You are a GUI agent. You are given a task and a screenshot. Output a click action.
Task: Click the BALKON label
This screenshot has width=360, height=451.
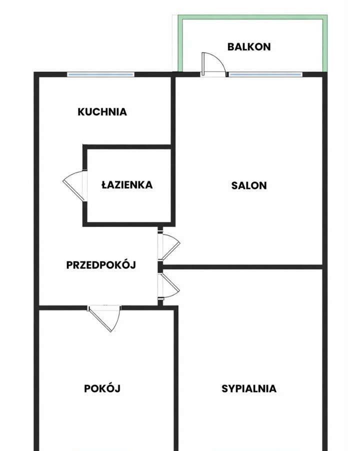(x=249, y=46)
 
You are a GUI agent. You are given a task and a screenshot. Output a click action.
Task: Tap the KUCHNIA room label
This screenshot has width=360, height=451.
(x=102, y=111)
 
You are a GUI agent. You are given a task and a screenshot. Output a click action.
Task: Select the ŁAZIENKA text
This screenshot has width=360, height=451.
(x=127, y=184)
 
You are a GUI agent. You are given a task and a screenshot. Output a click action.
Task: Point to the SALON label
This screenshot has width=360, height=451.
(x=249, y=185)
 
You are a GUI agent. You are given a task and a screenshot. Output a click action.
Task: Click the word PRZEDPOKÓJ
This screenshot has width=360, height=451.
(x=101, y=264)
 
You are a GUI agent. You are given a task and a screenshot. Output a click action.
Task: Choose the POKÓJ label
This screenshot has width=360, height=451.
(x=102, y=388)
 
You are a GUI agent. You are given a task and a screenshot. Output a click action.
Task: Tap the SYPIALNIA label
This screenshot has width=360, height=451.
(x=249, y=388)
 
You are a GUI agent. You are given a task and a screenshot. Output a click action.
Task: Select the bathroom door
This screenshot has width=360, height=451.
(x=74, y=185)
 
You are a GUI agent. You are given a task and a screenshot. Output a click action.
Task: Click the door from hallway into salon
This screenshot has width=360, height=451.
(x=169, y=246)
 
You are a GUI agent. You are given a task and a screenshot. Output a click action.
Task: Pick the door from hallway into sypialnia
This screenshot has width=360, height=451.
(x=169, y=286)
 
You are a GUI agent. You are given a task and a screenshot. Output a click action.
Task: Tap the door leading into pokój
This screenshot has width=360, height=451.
(x=104, y=318)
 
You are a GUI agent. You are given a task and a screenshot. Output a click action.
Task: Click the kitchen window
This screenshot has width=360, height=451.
(x=100, y=74)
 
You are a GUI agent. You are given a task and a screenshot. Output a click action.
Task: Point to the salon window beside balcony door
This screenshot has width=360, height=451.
(x=265, y=74)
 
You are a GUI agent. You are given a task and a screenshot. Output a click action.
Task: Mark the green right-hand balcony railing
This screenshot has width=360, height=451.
(x=325, y=43)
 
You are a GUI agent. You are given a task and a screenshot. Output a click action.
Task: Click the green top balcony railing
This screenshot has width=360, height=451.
(x=252, y=17)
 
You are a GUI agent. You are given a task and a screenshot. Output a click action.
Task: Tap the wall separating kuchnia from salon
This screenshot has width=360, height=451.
(x=173, y=110)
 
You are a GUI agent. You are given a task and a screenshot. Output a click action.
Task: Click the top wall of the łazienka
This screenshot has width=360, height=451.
(x=128, y=147)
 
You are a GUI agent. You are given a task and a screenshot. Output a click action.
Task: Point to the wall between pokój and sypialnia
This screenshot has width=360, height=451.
(x=176, y=378)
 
